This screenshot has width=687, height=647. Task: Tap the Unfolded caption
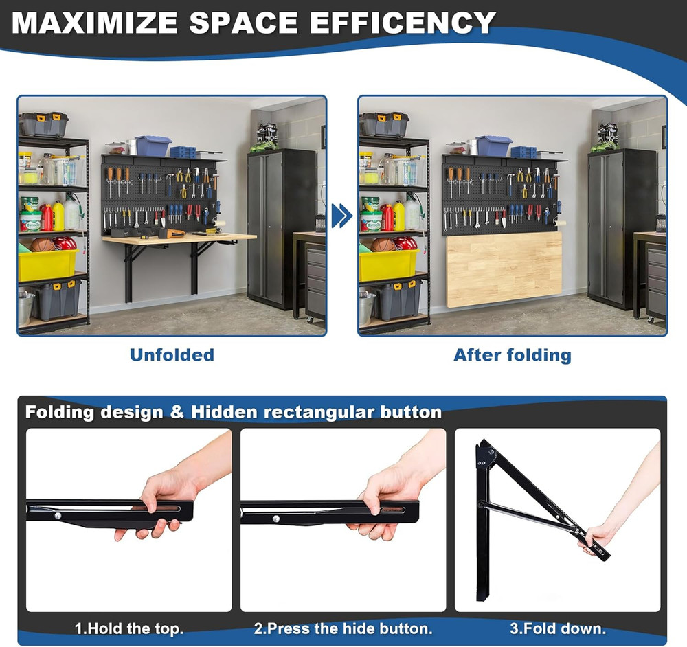click(172, 355)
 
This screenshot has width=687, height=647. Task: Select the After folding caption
click(512, 355)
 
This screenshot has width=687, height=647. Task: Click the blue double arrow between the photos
click(341, 216)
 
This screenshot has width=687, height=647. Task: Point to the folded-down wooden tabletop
click(504, 269)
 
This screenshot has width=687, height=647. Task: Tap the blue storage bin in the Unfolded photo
click(153, 146)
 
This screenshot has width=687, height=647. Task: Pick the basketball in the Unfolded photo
click(43, 245)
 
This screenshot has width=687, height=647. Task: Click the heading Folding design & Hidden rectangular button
click(234, 412)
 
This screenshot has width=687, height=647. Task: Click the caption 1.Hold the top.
click(128, 628)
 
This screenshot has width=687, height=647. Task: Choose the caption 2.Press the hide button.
click(343, 628)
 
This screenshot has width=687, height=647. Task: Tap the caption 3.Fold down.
click(557, 628)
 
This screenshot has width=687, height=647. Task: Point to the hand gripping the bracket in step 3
click(596, 538)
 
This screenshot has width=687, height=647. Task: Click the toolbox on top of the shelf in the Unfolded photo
click(43, 124)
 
